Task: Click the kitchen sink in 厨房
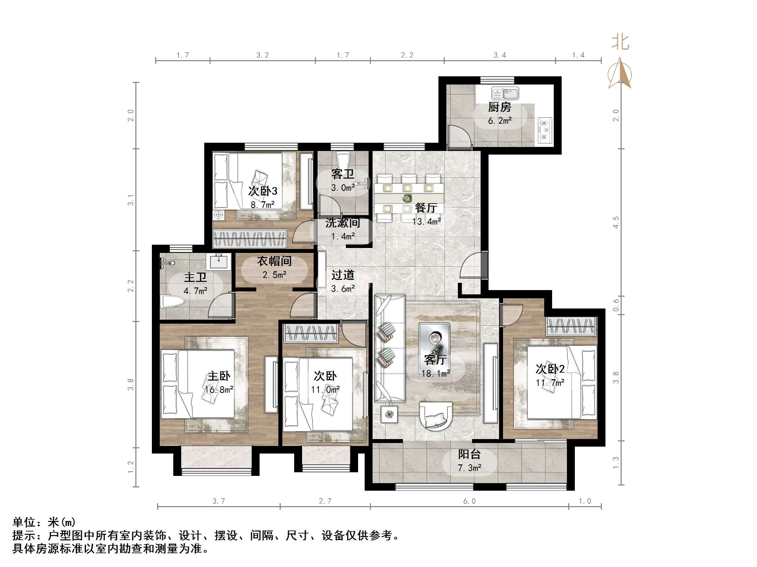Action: point(505,93)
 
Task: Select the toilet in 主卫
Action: point(173,302)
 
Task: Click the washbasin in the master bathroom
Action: point(219,262)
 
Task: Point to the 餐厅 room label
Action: point(426,208)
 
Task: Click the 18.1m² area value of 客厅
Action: point(435,374)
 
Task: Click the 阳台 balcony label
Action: point(469,454)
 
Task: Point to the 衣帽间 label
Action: point(274,261)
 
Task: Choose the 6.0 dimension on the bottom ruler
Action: point(469,501)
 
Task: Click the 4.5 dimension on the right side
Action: point(616,222)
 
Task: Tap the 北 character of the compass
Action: point(620,43)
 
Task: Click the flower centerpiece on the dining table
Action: point(407,198)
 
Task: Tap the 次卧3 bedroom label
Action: point(263,191)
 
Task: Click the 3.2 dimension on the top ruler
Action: point(263,55)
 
